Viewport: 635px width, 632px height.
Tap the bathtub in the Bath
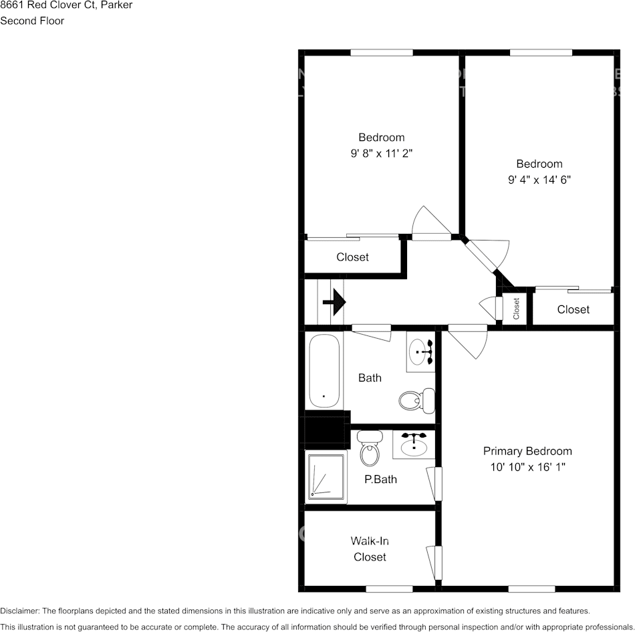point(324,371)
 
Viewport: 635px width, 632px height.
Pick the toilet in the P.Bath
point(368,450)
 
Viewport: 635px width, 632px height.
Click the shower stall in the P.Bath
point(327,476)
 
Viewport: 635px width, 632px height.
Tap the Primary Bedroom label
point(527,451)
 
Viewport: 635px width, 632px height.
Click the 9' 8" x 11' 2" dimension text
point(381,153)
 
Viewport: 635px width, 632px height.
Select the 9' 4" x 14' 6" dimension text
point(539,179)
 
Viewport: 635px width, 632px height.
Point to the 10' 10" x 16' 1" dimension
point(527,467)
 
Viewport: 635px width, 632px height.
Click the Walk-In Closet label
point(370,548)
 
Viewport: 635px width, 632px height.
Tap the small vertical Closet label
point(516,309)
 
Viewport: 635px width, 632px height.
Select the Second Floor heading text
point(32,21)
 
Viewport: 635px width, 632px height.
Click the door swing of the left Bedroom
point(429,222)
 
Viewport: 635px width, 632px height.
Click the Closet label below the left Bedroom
point(352,257)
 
